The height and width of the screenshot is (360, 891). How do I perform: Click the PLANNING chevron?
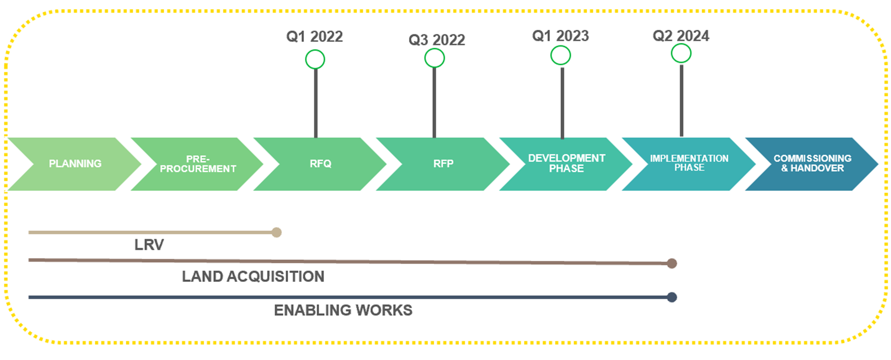tap(75, 164)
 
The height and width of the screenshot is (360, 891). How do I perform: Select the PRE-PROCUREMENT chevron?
tap(197, 164)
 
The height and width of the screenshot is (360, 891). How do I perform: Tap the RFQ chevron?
tap(320, 164)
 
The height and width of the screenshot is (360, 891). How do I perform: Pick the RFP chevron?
tap(443, 164)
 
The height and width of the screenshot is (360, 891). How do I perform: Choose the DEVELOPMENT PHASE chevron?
tap(566, 164)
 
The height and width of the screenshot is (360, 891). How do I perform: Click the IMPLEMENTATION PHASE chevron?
tap(689, 164)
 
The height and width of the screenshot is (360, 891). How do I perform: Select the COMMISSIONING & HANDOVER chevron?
tap(812, 164)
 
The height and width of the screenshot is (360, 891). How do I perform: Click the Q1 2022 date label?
tap(315, 37)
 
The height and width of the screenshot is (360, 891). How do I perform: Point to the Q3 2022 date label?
tap(436, 40)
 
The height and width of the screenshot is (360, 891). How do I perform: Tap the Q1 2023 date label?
tap(560, 36)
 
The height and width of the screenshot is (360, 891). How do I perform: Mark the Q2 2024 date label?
tap(681, 36)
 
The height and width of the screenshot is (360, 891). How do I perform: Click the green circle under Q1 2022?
tap(315, 50)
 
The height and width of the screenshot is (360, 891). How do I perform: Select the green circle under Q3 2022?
tap(435, 49)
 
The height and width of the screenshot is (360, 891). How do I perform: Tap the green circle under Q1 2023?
tap(561, 46)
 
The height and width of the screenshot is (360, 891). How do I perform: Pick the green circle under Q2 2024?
tap(681, 44)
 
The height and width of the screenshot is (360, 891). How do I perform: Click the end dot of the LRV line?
tap(277, 232)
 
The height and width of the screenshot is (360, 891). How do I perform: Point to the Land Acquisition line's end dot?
tap(672, 263)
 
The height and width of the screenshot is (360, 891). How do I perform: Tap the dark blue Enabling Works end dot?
tap(672, 297)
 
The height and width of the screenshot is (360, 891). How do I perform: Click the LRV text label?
tap(149, 245)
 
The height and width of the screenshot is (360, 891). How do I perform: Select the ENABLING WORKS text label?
tap(343, 310)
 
